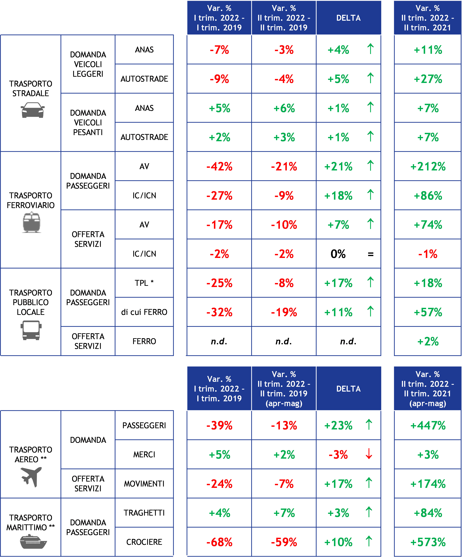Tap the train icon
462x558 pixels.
[31, 222]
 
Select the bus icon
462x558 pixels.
[31, 330]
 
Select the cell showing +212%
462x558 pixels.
[428, 167]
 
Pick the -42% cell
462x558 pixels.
[219, 167]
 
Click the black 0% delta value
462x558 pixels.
[338, 254]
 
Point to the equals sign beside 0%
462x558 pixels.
[371, 255]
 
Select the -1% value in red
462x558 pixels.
[428, 254]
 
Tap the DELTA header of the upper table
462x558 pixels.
[348, 18]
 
